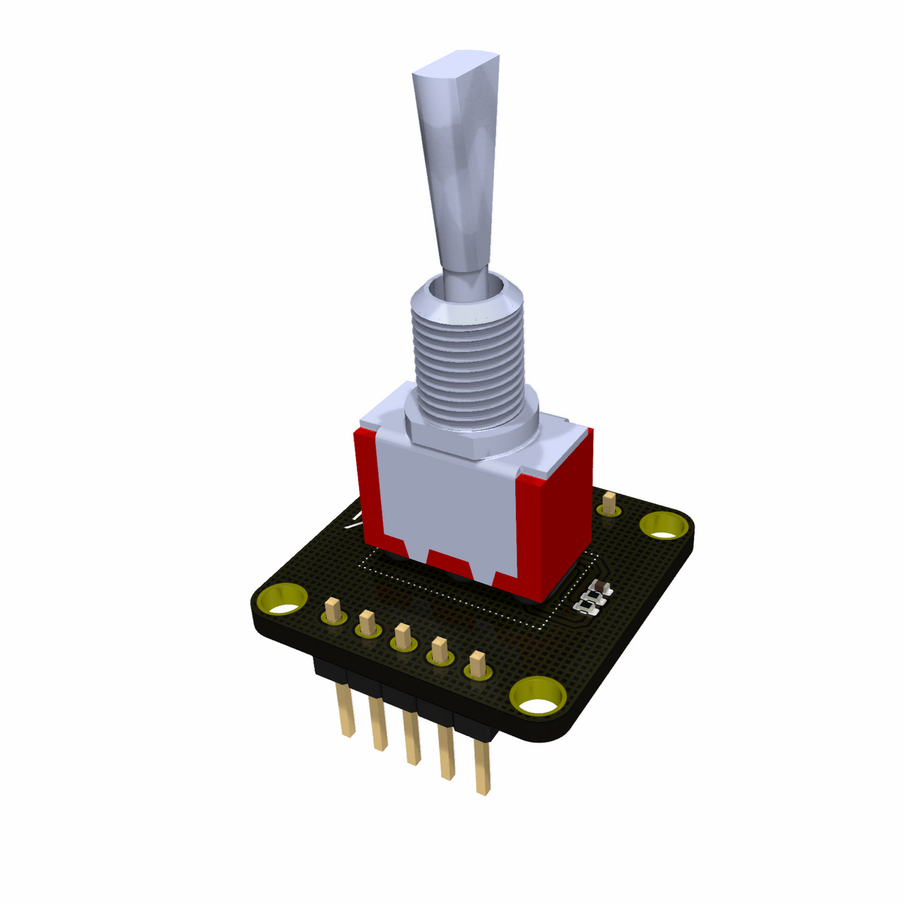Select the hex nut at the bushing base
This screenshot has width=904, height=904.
(x=475, y=432)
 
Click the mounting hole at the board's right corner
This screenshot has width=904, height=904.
(x=665, y=527)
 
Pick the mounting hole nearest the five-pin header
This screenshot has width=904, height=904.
(x=537, y=698)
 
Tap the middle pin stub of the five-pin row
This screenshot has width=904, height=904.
(x=403, y=636)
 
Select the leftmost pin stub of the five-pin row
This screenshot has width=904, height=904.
(x=333, y=609)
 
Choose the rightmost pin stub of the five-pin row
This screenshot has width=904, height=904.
(x=477, y=664)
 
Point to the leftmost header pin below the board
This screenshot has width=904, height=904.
(x=346, y=709)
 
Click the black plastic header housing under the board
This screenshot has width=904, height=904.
(x=400, y=688)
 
